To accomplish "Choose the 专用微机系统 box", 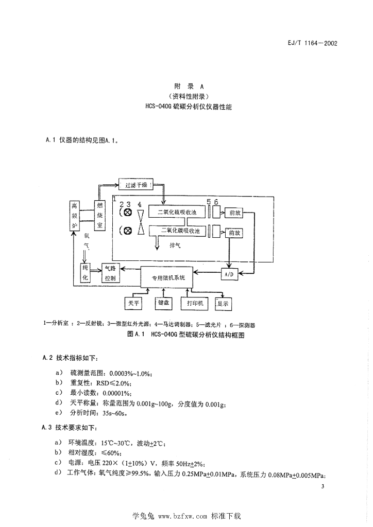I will coord(167,277).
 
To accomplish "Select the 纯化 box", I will coord(85,273).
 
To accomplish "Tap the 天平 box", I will coord(133,303).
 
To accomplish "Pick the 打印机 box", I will coord(195,303).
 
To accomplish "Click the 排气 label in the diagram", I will coord(175,246).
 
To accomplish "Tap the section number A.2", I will coord(47,358).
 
